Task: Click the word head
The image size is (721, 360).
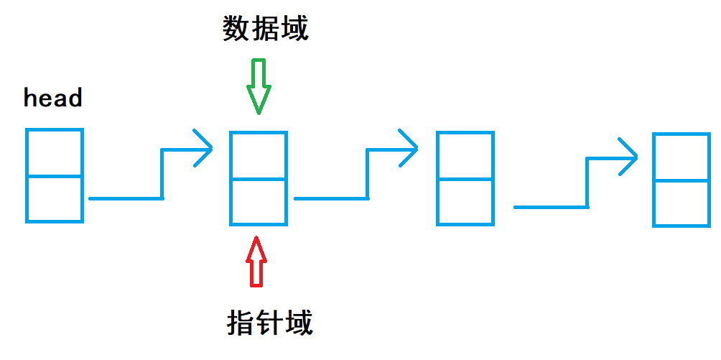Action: pyautogui.click(x=53, y=98)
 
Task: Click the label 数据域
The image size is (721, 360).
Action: pyautogui.click(x=265, y=29)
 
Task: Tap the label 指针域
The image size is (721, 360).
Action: pyautogui.click(x=270, y=323)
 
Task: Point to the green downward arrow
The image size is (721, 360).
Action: pyautogui.click(x=259, y=87)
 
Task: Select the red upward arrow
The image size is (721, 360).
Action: pyautogui.click(x=256, y=262)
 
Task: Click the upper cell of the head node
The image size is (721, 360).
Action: pyautogui.click(x=55, y=152)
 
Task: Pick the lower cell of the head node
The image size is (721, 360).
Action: pyautogui.click(x=55, y=198)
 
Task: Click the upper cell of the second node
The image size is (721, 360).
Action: pyautogui.click(x=259, y=155)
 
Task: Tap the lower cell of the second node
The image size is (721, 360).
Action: pyautogui.click(x=259, y=201)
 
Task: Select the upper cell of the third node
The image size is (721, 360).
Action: pyautogui.click(x=465, y=155)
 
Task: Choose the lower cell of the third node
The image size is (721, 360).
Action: pyautogui.click(x=465, y=201)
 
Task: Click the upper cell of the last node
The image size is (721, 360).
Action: pyautogui.click(x=682, y=157)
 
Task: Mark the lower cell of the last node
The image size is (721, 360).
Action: pyautogui.click(x=682, y=203)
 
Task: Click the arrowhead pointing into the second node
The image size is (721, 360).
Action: pyautogui.click(x=205, y=149)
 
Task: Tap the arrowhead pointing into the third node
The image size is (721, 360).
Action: pyautogui.click(x=409, y=149)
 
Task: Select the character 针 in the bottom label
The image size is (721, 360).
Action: pyautogui.click(x=270, y=323)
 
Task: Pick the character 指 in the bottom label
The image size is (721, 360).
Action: pyautogui.click(x=241, y=323)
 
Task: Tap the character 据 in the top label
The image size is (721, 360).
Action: pyautogui.click(x=265, y=29)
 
